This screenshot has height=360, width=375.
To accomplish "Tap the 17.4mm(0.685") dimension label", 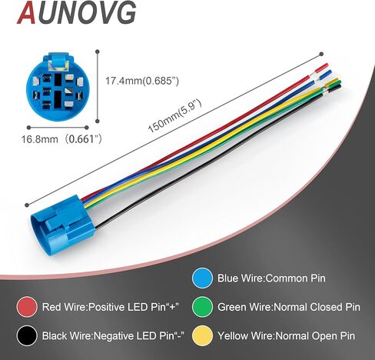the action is pyautogui.click(x=142, y=81).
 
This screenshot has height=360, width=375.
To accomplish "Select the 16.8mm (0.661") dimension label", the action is pyautogui.click(x=61, y=139).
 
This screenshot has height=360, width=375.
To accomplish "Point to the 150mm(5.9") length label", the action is pyautogui.click(x=175, y=116).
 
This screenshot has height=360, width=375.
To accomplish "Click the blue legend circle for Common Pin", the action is pyautogui.click(x=202, y=278).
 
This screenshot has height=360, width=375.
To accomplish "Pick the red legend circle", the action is pyautogui.click(x=27, y=307).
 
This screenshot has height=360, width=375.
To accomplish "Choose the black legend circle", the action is pyautogui.click(x=27, y=336).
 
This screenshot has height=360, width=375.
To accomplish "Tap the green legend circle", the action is pyautogui.click(x=202, y=307).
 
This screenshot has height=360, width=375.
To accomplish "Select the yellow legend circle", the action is pyautogui.click(x=202, y=336).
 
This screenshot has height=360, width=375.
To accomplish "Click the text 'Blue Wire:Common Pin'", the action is pyautogui.click(x=271, y=278).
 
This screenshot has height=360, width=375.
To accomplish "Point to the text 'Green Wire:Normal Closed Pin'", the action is pyautogui.click(x=289, y=307).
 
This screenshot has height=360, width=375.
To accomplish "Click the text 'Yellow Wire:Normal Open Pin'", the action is pyautogui.click(x=287, y=336).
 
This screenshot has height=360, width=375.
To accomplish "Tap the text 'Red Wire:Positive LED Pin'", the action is pyautogui.click(x=110, y=307).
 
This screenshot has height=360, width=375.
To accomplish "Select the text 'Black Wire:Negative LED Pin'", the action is pyautogui.click(x=113, y=336).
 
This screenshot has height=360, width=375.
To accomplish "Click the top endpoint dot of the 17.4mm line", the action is pyautogui.click(x=97, y=52).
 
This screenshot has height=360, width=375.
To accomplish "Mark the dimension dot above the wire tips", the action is pyautogui.click(x=321, y=54).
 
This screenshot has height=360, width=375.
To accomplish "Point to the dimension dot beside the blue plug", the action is pyautogui.click(x=27, y=205).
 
